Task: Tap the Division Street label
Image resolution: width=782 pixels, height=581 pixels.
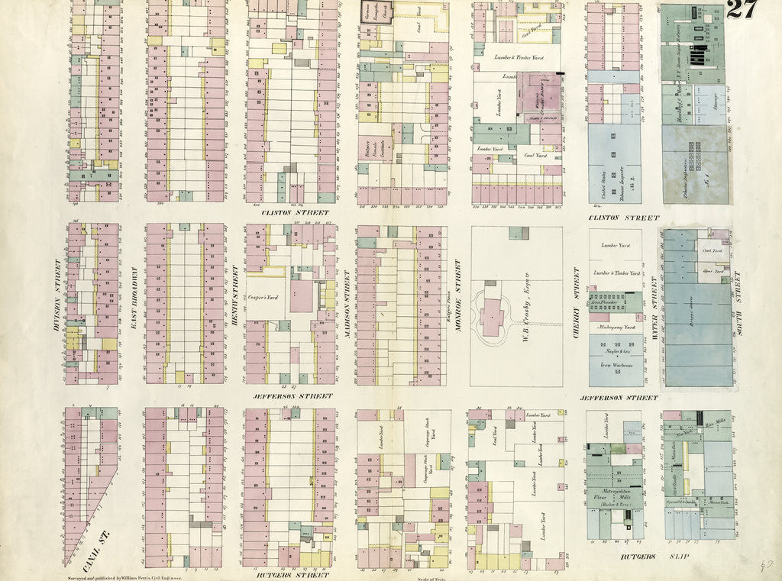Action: point(57,295)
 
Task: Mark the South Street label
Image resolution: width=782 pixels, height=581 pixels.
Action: point(738,295)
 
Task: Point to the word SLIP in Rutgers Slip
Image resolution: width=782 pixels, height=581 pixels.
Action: point(678,557)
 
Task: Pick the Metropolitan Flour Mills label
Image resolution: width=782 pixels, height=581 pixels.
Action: point(615,495)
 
